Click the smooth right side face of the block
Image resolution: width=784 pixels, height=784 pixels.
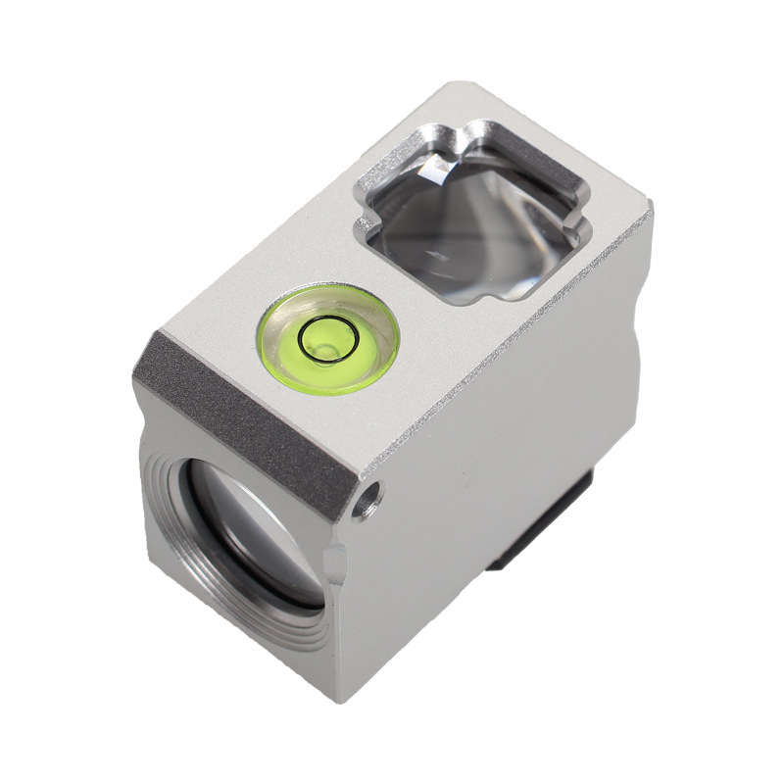pos(510,412)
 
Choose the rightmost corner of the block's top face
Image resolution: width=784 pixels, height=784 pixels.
pos(649,209)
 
